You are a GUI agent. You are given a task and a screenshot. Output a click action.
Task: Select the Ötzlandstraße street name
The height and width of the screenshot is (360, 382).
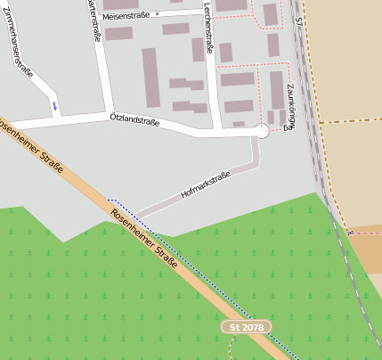coord(134,119)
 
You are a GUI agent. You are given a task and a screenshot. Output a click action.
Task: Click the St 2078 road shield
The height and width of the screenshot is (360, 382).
coord(247,328)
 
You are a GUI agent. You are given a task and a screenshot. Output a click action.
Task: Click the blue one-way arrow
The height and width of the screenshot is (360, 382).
coord(55,106)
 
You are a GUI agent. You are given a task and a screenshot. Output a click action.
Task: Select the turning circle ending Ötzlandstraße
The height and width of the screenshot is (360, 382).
coord(261,131)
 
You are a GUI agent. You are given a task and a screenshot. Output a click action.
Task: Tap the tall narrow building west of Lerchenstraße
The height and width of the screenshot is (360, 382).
coord(150,77)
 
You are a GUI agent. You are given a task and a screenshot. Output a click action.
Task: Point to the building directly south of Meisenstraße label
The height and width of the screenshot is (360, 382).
coord(118,34)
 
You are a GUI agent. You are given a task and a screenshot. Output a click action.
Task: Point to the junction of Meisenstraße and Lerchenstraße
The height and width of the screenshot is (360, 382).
coord(207,12)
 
